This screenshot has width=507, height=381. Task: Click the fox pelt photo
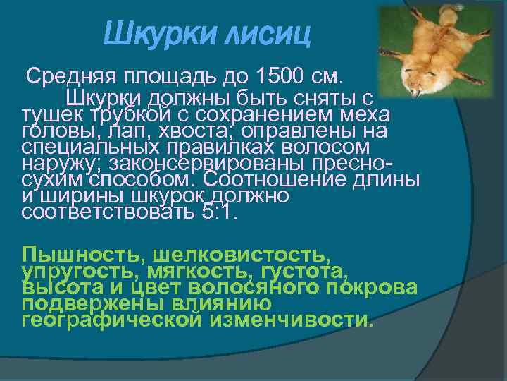(436, 51)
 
